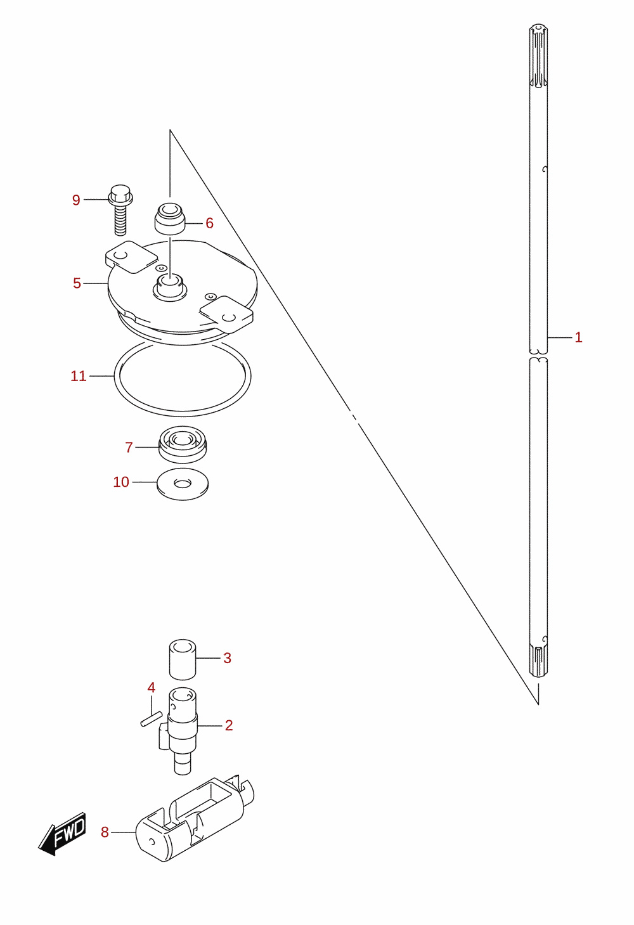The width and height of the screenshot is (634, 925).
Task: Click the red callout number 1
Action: tap(578, 337)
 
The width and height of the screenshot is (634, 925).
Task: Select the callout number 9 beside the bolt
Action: tap(76, 200)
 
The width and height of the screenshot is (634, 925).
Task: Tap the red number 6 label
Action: tap(209, 223)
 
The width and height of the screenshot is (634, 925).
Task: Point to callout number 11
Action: tap(79, 376)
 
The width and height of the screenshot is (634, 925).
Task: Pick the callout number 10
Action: tap(121, 482)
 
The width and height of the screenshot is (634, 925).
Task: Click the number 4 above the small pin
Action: tap(151, 687)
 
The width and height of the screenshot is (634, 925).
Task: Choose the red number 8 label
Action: tap(105, 832)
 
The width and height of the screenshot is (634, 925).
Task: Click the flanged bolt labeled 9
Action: tap(120, 210)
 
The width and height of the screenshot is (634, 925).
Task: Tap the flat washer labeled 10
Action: tap(183, 484)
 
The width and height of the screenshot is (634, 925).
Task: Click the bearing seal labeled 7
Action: tap(183, 444)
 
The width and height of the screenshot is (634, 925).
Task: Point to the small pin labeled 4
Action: tap(151, 719)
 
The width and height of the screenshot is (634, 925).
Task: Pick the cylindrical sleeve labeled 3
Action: tap(183, 660)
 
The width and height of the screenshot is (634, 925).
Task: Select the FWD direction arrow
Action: tap(62, 834)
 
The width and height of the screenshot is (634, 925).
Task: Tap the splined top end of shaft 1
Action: tap(539, 56)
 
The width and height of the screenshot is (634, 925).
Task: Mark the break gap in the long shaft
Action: tap(539, 356)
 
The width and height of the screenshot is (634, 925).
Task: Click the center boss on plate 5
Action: tap(170, 286)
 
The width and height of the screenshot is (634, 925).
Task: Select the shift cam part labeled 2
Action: tap(181, 730)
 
